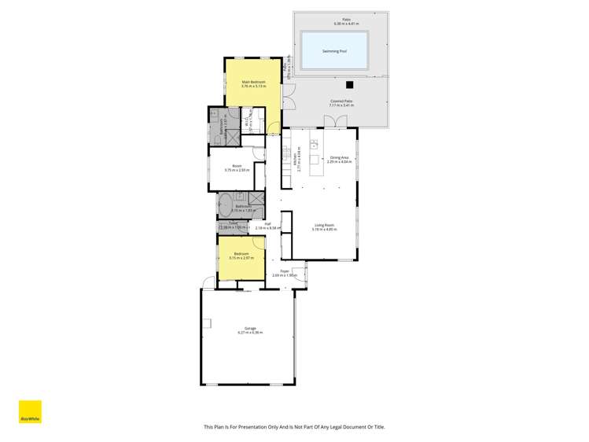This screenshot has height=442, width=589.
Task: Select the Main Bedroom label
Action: click(x=252, y=82)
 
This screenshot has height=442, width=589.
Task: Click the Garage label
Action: click(x=249, y=328)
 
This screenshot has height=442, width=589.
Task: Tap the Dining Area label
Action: click(x=339, y=158)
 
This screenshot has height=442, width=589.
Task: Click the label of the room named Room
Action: click(x=237, y=166)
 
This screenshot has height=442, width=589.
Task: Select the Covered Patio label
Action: click(x=341, y=101)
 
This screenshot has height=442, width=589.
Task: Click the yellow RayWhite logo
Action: click(x=30, y=413)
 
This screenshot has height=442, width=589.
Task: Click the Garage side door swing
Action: click(x=207, y=282)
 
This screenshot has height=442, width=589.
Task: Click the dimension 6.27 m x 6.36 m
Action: click(x=249, y=333)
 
